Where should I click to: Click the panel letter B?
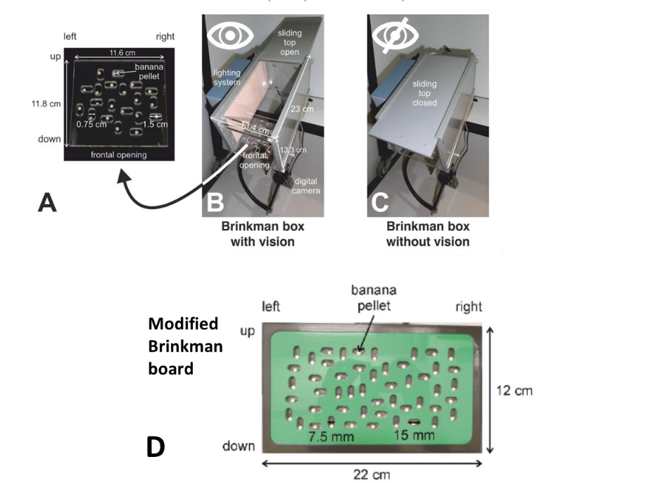point(214,203)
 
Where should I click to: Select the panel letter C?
point(379,203)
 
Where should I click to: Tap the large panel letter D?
point(156,446)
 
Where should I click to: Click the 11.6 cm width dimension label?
point(122,54)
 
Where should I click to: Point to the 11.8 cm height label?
point(46,103)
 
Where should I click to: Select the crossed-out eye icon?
point(392,36)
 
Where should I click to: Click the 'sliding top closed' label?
point(424,93)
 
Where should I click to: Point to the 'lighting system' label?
point(228,78)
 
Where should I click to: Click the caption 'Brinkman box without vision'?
point(428,234)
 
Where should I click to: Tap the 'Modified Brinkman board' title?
point(185,346)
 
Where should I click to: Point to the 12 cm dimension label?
point(514,391)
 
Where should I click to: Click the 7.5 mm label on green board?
point(327,437)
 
